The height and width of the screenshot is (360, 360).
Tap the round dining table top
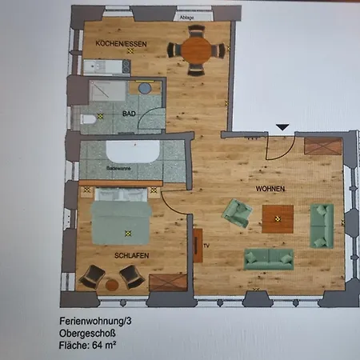pyautogui.click(x=195, y=50)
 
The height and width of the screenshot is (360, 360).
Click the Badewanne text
pyautogui.click(x=120, y=170)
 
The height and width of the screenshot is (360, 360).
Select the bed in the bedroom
pyautogui.click(x=120, y=218)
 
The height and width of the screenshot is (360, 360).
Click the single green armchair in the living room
pyautogui.click(x=236, y=213)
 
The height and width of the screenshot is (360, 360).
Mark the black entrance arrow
pyautogui.click(x=282, y=127)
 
